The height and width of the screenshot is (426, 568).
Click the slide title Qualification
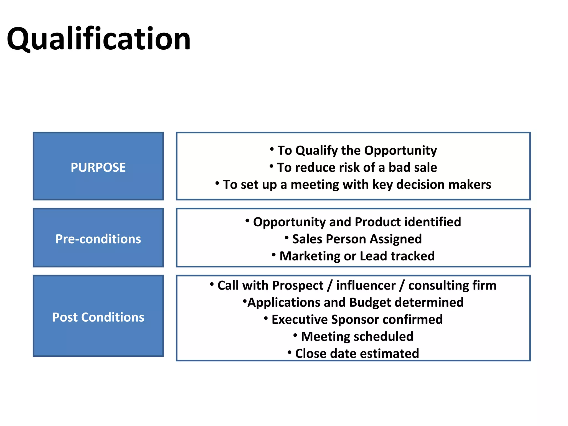(98, 39)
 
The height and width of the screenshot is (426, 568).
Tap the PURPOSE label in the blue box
(98, 168)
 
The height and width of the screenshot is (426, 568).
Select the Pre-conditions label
(98, 239)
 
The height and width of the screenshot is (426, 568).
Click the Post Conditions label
(98, 317)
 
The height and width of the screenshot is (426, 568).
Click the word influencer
(366, 286)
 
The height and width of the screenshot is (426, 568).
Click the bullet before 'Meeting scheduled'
(295, 336)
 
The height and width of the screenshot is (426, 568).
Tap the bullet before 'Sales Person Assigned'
(287, 238)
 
